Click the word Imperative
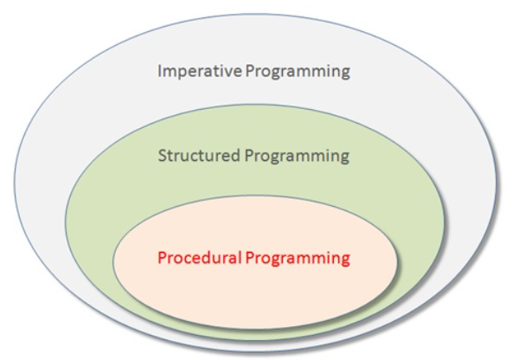(x=200, y=72)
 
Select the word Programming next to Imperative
(x=298, y=72)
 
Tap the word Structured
(x=199, y=156)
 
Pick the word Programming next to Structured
(x=297, y=157)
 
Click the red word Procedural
(x=199, y=258)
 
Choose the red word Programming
(x=298, y=259)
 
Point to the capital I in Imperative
(x=160, y=71)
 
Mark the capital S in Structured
(x=162, y=156)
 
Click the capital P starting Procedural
(x=163, y=258)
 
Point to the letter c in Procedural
(x=188, y=260)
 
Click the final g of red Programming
(x=345, y=260)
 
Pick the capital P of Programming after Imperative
(x=250, y=71)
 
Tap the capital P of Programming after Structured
(x=249, y=156)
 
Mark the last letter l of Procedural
(x=239, y=257)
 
